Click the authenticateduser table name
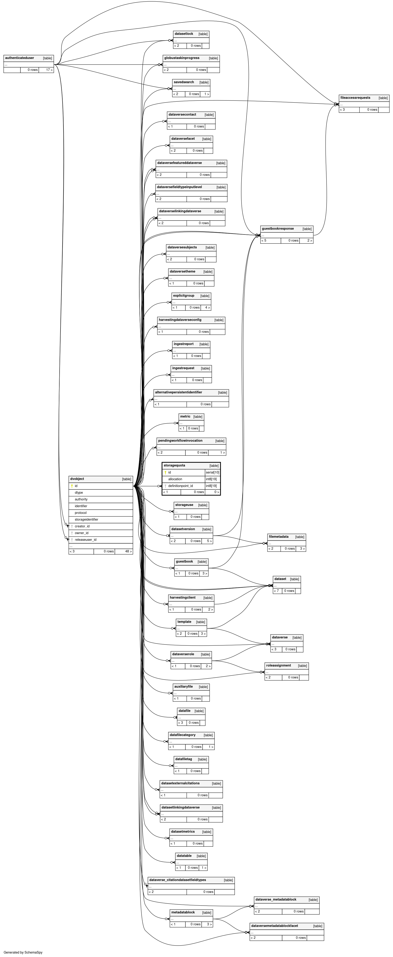[x=20, y=58]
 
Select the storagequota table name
[x=174, y=466]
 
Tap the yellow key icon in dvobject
[x=72, y=486]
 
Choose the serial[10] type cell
[x=212, y=473]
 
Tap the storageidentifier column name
[x=86, y=519]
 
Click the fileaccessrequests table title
[x=355, y=98]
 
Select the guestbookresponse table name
[x=278, y=229]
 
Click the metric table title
[x=185, y=416]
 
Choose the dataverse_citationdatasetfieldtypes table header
[x=177, y=880]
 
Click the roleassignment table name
[x=278, y=665]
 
